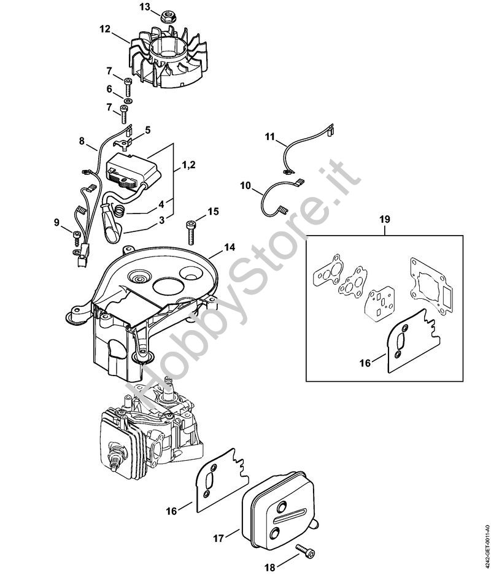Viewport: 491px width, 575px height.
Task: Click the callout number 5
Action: pos(147,129)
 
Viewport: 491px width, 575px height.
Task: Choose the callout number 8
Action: pos(82,141)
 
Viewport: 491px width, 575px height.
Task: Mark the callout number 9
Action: pos(56,222)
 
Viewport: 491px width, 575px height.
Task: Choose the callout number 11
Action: pos(270,138)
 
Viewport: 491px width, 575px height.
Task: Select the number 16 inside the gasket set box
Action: pos(364,363)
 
